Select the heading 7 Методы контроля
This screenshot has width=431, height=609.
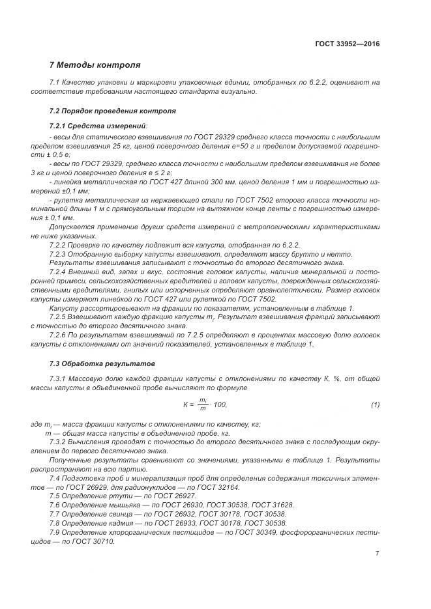pyautogui.click(x=95, y=65)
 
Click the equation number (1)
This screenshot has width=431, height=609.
pyautogui.click(x=375, y=404)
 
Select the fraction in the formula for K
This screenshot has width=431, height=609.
pyautogui.click(x=203, y=404)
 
